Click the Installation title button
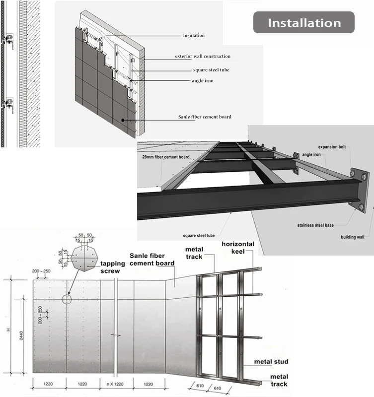(304, 23)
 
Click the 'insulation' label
(194, 36)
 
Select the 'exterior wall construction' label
(203, 57)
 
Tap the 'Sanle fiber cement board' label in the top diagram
(205, 117)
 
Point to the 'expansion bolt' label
(331, 147)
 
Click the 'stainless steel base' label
(315, 225)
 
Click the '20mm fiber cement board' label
(162, 157)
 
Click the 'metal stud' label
(271, 362)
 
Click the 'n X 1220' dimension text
(116, 384)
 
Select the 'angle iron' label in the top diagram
(203, 80)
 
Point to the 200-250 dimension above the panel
(43, 271)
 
